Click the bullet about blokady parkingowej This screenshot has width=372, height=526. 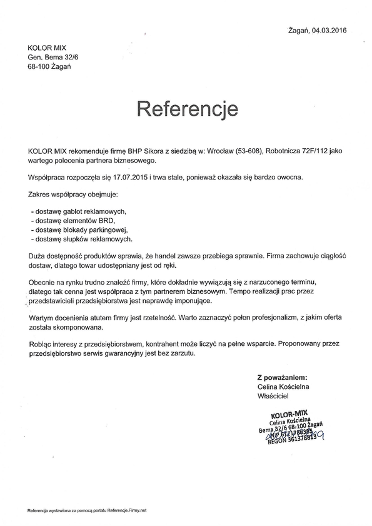coord(82,230)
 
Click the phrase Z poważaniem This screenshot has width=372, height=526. coord(282,378)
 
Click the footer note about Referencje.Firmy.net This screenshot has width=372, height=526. coord(87,511)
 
